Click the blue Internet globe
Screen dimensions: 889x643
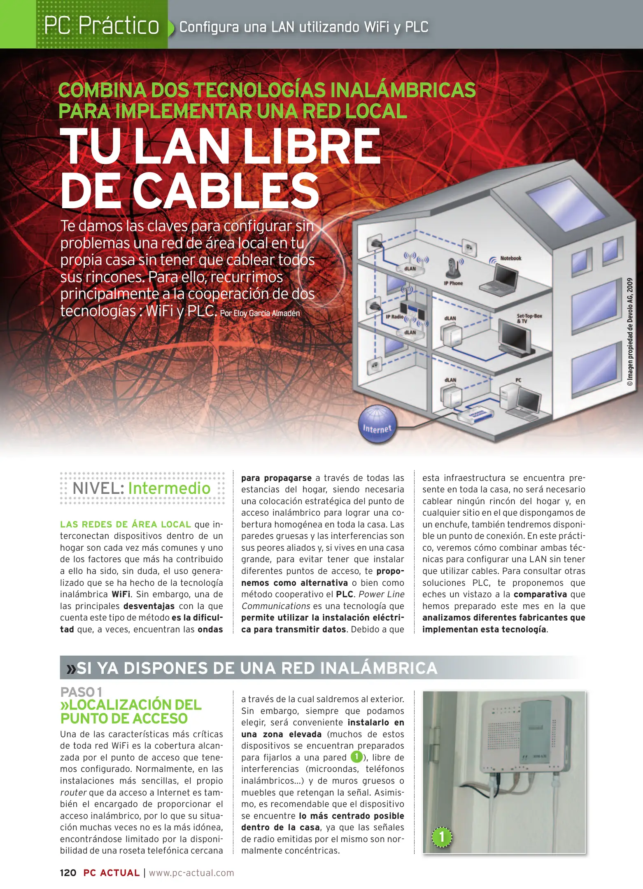pos(377,424)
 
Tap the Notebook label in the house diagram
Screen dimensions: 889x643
pos(510,258)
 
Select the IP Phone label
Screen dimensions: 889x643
pos(453,283)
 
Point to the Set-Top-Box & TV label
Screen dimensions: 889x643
pos(529,319)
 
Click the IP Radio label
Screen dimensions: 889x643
pos(394,317)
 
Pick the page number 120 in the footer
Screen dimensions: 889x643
pos(68,873)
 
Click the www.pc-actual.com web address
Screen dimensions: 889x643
pos(191,873)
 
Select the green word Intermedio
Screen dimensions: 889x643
pos(169,488)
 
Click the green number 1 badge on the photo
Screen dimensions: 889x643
pos(442,836)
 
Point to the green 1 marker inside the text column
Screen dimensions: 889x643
pos(356,757)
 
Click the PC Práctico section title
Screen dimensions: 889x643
pos(102,26)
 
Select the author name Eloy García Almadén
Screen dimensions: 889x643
pos(266,313)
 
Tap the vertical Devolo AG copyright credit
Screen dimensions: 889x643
pos(630,332)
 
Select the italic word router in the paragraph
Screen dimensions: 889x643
pos(73,792)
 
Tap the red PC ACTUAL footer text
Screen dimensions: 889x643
pos(112,873)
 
